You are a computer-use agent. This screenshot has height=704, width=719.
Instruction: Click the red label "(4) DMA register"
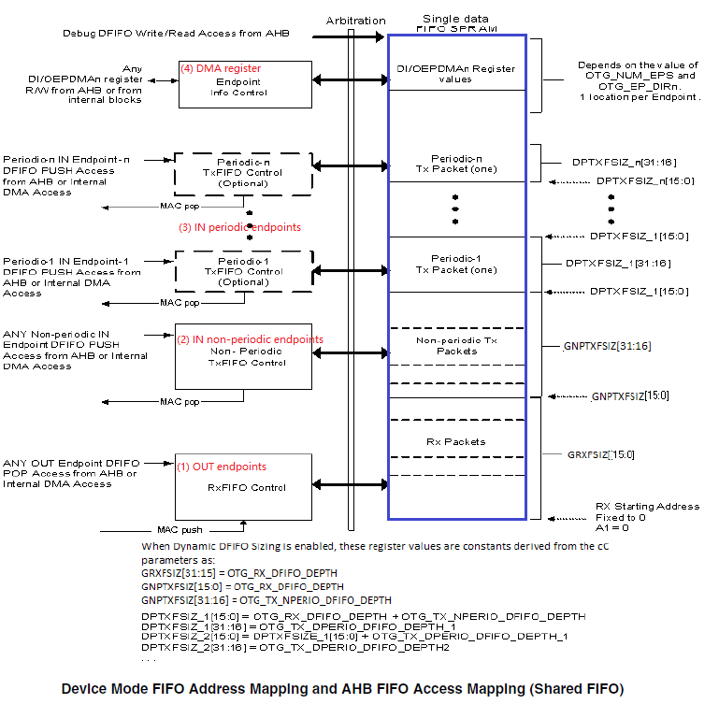click(221, 68)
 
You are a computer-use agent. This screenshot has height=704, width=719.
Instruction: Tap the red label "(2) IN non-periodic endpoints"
click(251, 339)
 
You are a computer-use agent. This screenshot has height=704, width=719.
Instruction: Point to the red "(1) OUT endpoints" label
click(223, 467)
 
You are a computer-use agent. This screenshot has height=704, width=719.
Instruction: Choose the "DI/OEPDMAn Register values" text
click(457, 74)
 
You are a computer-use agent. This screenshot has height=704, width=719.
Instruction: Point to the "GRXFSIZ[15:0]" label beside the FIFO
click(601, 454)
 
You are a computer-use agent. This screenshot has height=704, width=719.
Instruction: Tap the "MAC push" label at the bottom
click(180, 529)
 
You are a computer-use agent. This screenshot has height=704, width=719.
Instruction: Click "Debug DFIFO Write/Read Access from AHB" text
click(176, 34)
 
